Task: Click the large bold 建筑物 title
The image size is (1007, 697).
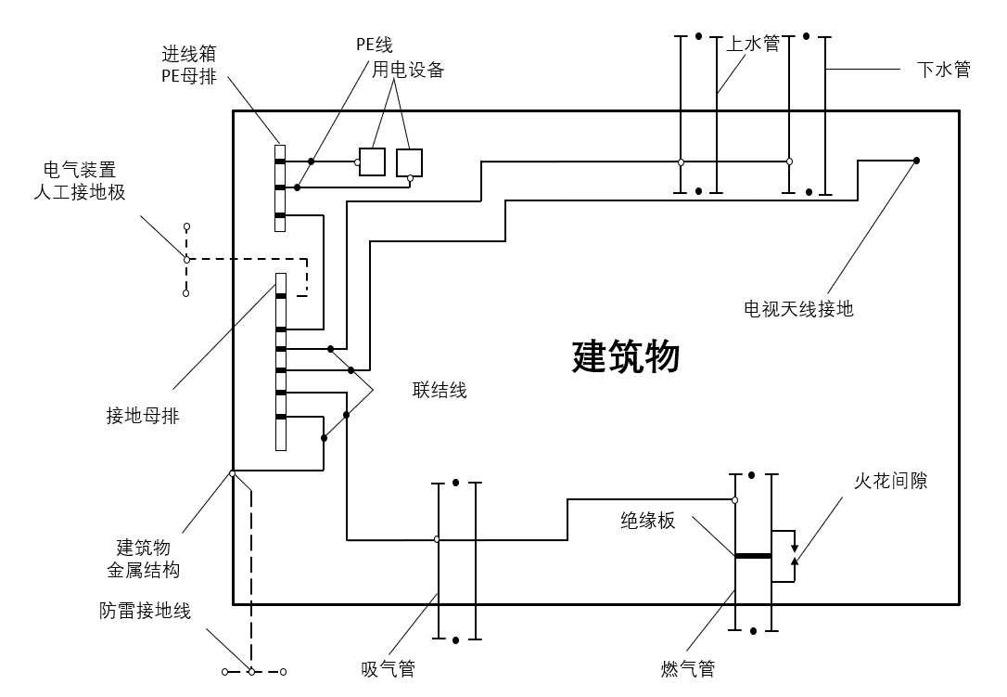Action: [x=627, y=356]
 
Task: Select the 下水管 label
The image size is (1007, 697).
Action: [x=943, y=70]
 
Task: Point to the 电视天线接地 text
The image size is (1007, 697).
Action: [x=798, y=309]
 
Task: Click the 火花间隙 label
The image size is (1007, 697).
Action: [x=890, y=481]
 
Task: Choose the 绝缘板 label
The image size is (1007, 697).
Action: [x=648, y=521]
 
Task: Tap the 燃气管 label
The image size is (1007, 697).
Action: [x=688, y=669]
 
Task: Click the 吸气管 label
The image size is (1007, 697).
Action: [x=388, y=669]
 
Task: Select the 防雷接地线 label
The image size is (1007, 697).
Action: [x=145, y=611]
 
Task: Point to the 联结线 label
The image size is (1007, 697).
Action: [x=440, y=390]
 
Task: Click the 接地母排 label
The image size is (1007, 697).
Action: [x=143, y=416]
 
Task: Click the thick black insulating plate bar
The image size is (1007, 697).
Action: [x=753, y=556]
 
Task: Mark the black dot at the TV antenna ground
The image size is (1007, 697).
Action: [x=916, y=161]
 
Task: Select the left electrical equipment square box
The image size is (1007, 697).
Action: [x=372, y=162]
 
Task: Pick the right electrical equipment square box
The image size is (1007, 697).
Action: [x=409, y=162]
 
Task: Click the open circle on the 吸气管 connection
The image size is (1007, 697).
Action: [x=437, y=539]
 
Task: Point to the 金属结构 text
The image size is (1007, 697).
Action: [x=143, y=569]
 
